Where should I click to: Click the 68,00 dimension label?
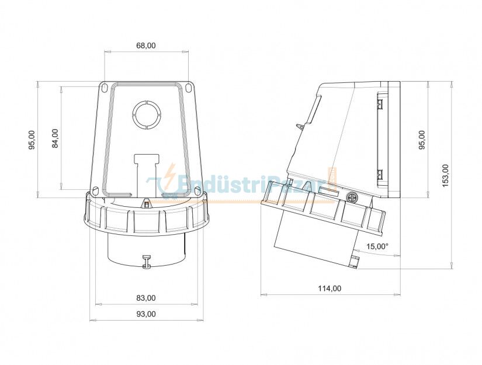147,46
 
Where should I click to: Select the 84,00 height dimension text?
56,138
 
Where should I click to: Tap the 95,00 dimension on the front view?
32,140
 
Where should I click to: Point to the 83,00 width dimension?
146,298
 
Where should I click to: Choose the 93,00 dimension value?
146,314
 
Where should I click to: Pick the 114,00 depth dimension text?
330,288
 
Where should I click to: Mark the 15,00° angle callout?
377,246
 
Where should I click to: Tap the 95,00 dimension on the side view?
422,140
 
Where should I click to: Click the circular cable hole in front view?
146,114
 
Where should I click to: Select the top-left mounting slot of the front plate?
104,88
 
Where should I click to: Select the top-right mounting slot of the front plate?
189,88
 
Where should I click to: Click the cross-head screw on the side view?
352,197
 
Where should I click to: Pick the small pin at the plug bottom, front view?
147,261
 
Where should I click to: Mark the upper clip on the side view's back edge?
380,105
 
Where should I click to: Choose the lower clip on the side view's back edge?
380,173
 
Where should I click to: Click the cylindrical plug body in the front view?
146,248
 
